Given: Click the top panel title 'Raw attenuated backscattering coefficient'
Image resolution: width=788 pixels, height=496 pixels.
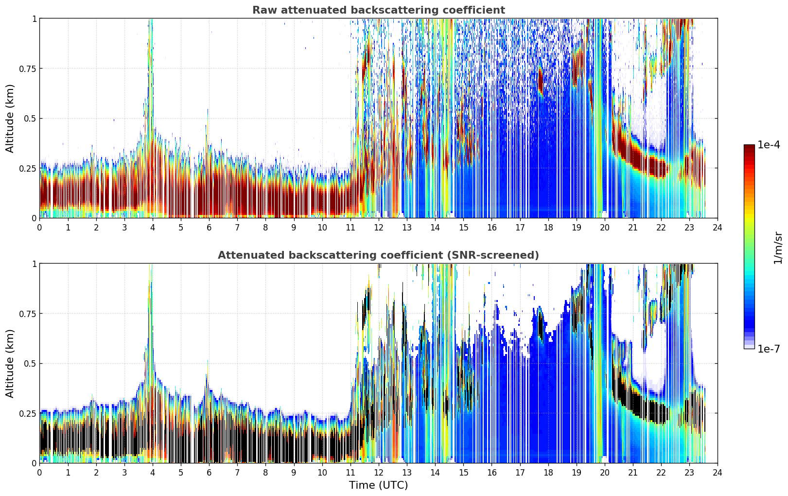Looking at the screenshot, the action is coord(379,10).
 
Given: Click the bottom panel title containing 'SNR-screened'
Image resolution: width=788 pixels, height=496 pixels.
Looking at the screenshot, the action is coord(379,255).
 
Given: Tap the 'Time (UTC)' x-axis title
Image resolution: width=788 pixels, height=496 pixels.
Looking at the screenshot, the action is coord(379,485).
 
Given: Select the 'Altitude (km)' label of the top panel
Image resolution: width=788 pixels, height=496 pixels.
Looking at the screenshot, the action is coord(10,118).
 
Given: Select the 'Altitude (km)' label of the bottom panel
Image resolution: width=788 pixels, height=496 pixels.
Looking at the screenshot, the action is coord(10,363).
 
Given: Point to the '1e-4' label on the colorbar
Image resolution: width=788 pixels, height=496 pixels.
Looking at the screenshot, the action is coord(769,144).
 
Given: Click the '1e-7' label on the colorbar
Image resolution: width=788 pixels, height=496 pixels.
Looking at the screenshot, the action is coord(769,349).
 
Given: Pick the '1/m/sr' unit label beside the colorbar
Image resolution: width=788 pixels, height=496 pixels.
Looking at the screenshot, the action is coord(778,248).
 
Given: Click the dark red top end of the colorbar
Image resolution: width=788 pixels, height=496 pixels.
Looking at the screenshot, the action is coord(749,146).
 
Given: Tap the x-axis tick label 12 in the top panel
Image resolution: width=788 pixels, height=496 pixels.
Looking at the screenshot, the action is coord(379,227).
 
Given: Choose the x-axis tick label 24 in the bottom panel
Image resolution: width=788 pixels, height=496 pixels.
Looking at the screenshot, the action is coord(718,473).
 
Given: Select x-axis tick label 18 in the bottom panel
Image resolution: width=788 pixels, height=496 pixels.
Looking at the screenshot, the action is coord(548,473).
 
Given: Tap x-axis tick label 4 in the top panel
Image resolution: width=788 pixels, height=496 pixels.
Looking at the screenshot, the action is coord(153,227).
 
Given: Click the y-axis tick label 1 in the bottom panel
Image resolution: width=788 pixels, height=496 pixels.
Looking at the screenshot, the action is coord(34,264).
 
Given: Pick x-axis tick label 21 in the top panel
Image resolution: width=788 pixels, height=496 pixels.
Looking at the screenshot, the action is coord(633,227).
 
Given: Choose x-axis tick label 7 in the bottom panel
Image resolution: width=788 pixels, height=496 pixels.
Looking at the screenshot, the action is coord(237,473).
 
